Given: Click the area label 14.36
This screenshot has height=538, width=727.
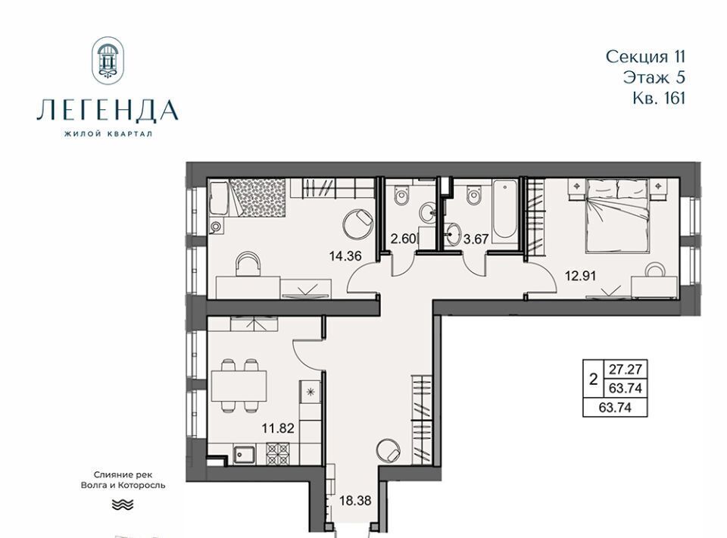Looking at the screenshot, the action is point(345,255).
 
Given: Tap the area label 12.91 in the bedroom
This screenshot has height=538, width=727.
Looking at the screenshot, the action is point(580,276).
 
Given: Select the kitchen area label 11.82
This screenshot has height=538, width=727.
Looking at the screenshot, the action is point(278,427).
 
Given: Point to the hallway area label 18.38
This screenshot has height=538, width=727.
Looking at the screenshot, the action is point(356,500).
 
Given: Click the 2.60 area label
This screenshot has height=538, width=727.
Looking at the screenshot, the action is point(404,239).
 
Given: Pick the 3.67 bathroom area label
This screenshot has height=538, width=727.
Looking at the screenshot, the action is point(476,239).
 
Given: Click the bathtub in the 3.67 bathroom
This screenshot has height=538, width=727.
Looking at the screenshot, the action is point(504,211).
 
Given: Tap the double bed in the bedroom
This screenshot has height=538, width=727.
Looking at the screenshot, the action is point(619,216).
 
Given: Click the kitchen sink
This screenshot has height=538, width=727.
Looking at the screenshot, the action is point(245,454).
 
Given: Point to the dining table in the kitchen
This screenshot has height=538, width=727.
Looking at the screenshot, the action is point(239,386).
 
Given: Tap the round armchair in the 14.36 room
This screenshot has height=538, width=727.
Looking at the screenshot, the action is point(357,224).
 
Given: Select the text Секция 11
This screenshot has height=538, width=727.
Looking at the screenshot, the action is point(645,57).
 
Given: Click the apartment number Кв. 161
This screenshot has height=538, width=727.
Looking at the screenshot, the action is point(659,99).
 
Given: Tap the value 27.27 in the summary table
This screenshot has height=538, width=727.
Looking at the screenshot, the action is point(625,369).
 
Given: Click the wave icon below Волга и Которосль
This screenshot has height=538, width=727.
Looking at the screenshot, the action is point(123,505).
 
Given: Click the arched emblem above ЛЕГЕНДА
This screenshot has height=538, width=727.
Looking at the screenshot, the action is point(108,61).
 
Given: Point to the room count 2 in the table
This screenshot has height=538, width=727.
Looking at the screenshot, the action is point(593,380).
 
